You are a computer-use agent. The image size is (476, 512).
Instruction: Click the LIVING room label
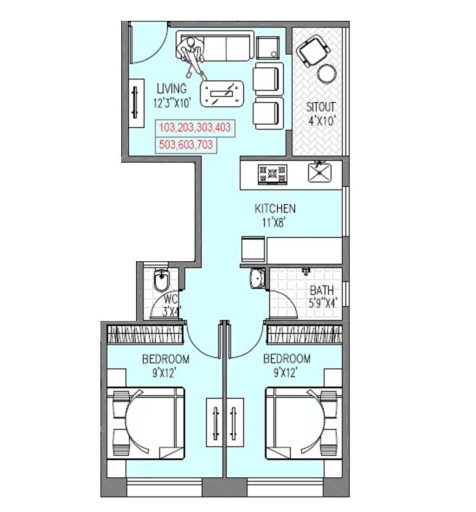coord(171,89)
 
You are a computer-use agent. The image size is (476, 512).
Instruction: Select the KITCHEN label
coord(275,208)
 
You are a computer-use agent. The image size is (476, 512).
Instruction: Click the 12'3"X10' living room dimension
coord(177,103)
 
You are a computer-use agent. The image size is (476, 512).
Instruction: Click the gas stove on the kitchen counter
coord(272,173)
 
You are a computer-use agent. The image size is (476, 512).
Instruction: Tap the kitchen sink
coord(320,171)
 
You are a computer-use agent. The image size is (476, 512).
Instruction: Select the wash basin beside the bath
coord(254,278)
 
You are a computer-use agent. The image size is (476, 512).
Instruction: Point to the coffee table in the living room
coord(222,91)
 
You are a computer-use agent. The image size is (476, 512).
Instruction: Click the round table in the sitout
coord(326,74)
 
